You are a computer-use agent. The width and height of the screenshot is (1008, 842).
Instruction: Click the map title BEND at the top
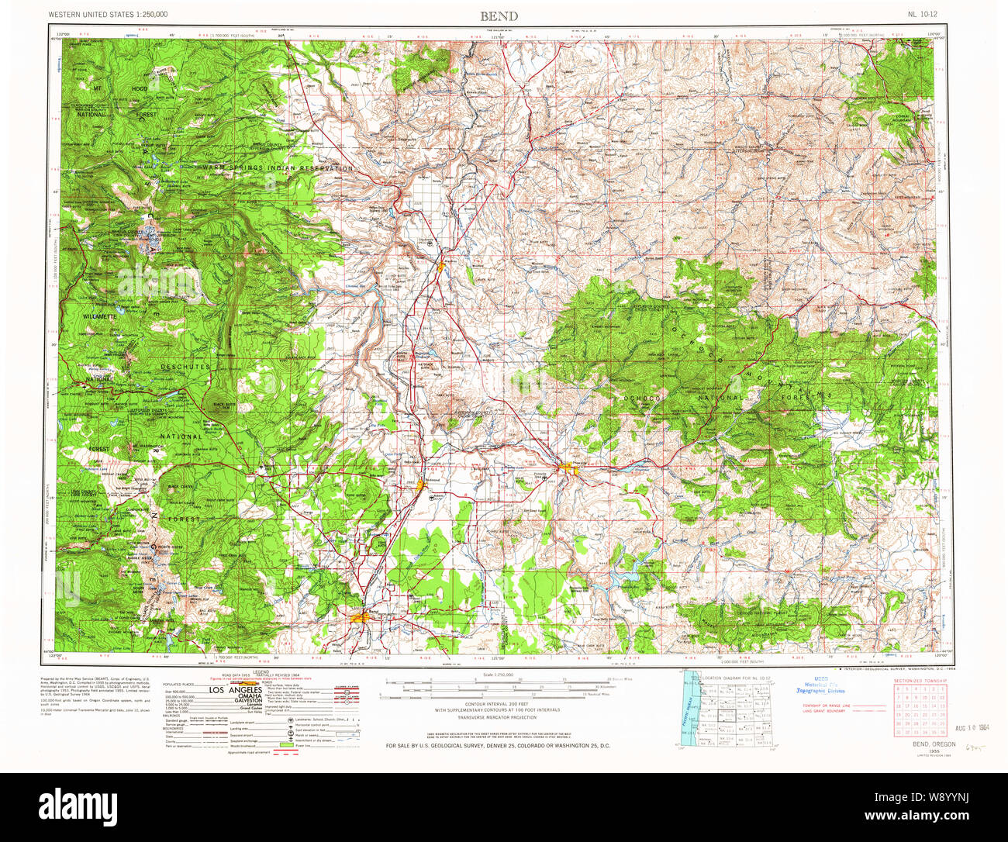coord(499,16)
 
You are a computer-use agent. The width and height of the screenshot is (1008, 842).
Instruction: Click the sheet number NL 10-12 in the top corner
coord(927,15)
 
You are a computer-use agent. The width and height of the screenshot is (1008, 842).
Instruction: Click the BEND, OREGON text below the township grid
coord(934,744)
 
